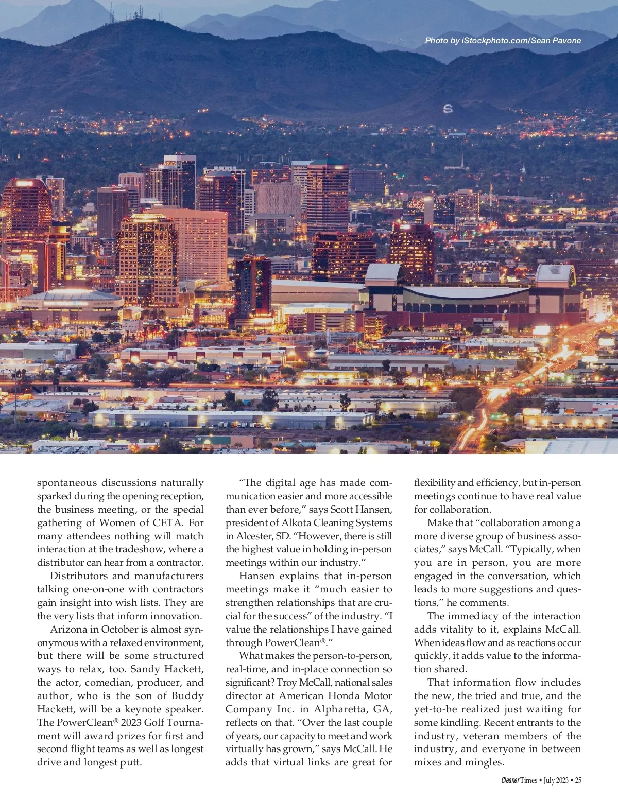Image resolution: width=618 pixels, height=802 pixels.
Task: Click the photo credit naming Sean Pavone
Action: pos(503,40)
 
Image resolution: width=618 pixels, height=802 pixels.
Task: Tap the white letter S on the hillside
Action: pos(448,109)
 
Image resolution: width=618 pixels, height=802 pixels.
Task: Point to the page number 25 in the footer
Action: pos(578,780)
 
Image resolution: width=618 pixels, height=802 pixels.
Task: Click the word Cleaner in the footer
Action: pos(510,780)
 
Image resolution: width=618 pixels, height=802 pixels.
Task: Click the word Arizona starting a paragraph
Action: pos(69,629)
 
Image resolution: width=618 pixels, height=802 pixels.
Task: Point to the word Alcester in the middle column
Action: pos(253,536)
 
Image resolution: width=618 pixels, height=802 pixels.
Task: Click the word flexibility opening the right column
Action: pos(434,483)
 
